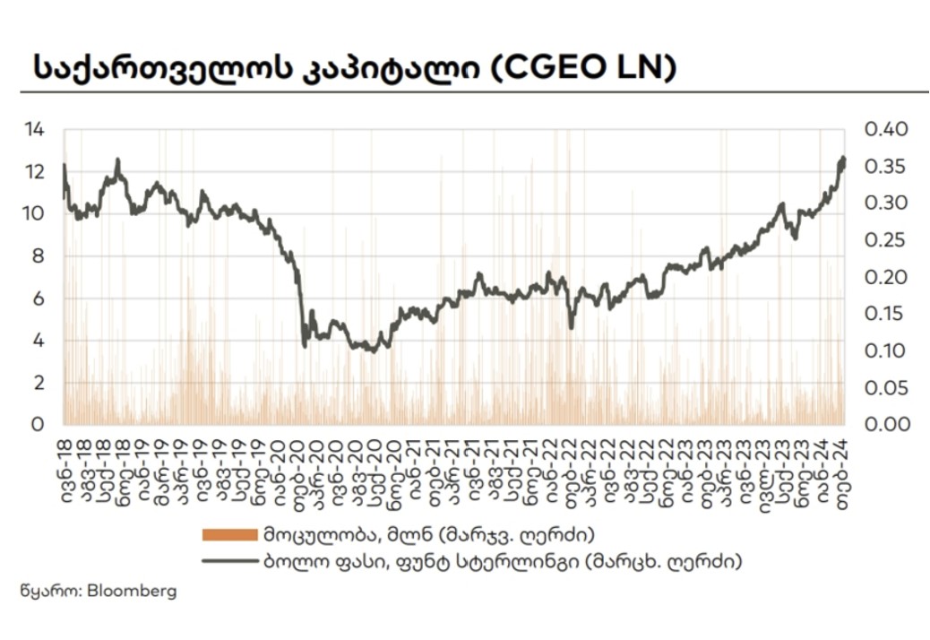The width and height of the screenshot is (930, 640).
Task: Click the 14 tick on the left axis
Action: [x=34, y=130]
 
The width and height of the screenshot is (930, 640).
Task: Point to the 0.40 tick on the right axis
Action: [x=885, y=130]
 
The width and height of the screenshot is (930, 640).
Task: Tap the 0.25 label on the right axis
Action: [x=885, y=240]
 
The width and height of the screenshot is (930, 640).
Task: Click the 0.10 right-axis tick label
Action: [x=885, y=350]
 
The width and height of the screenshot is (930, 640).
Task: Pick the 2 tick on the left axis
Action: [x=39, y=383]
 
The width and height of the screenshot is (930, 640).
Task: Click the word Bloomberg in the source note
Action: [x=133, y=592]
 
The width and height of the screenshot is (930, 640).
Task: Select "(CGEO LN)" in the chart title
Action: [x=583, y=67]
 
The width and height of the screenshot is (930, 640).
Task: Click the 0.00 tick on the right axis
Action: [x=885, y=424]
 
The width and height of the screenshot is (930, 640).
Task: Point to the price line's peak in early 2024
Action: [x=842, y=160]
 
